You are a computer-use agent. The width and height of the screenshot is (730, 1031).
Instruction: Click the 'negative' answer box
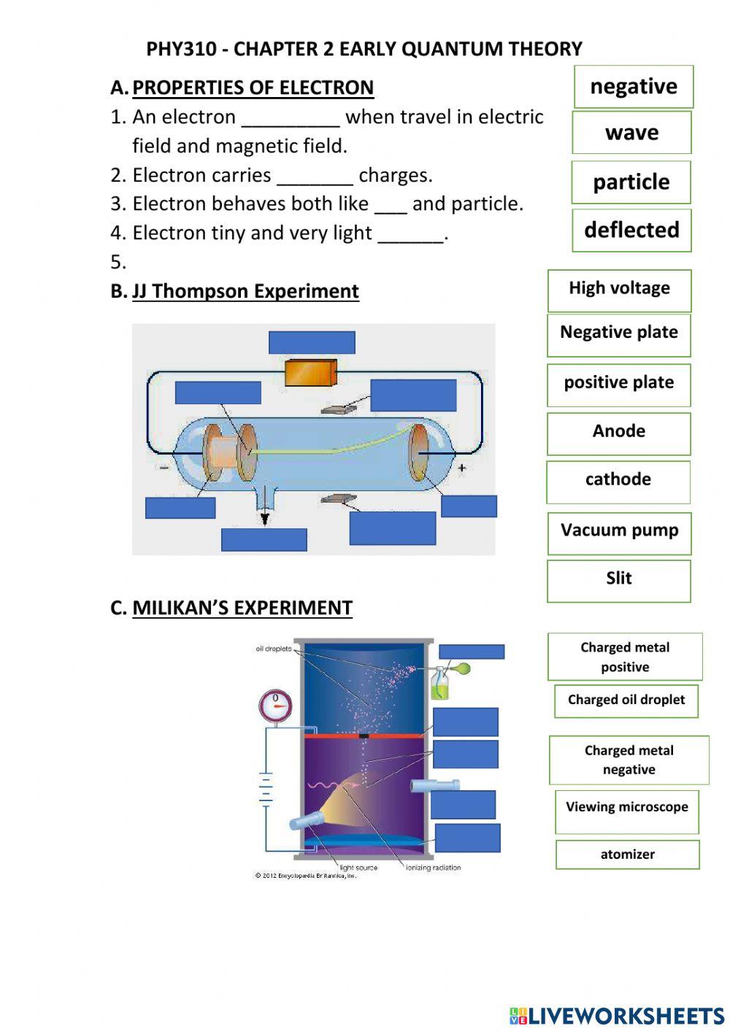point(633,87)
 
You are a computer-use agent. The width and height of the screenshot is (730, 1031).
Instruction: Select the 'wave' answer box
point(631,133)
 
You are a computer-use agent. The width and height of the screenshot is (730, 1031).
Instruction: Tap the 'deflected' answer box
point(631,231)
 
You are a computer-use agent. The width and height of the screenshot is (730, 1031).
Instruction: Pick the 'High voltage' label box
point(619,289)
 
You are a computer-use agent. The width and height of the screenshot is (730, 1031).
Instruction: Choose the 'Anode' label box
point(618,432)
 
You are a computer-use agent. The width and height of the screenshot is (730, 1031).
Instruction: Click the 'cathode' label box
point(618,480)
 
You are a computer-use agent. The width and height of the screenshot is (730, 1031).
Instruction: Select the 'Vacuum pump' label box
point(619,531)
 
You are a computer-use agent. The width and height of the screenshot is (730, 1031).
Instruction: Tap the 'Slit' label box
point(618,579)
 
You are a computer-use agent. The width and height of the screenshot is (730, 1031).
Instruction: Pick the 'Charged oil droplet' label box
point(626,700)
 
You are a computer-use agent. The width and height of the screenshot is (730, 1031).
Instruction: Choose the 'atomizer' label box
point(627,854)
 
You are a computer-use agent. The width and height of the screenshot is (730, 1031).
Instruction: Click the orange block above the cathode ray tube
point(310,373)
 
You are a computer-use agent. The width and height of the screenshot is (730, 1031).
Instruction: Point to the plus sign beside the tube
point(461,468)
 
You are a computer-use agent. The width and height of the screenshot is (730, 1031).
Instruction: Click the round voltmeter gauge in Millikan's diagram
point(276,706)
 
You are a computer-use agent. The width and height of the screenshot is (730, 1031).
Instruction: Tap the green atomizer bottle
point(439,686)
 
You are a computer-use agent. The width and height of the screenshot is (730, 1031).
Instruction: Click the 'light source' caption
point(358,868)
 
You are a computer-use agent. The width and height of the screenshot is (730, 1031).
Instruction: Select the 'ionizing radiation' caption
point(433,868)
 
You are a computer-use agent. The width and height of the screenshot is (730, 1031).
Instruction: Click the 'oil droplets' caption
point(274,649)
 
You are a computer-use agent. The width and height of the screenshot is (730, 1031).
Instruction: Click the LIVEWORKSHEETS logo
point(617,1016)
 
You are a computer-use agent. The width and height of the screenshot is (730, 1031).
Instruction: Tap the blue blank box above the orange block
point(312,342)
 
